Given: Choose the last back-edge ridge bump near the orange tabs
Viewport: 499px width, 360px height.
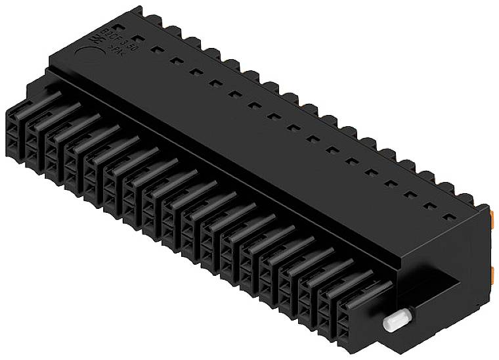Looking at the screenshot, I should pos(466,198).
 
